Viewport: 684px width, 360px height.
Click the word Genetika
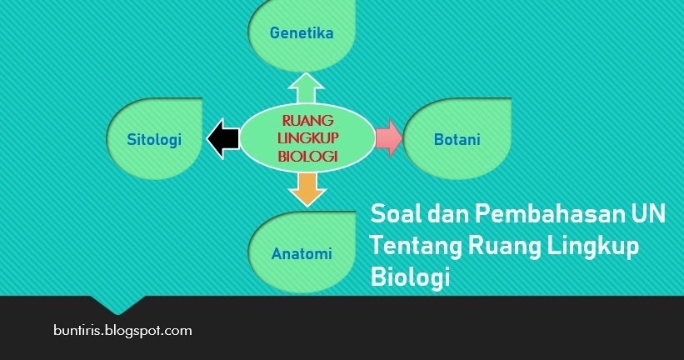pyautogui.click(x=302, y=32)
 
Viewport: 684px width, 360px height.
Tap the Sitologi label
pyautogui.click(x=154, y=140)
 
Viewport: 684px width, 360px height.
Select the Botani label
pyautogui.click(x=457, y=139)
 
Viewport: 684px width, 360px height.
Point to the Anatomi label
pyautogui.click(x=302, y=253)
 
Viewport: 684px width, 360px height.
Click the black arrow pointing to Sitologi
pyautogui.click(x=223, y=138)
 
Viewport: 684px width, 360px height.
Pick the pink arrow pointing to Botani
pyautogui.click(x=389, y=137)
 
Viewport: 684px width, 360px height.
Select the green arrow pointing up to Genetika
pyautogui.click(x=306, y=88)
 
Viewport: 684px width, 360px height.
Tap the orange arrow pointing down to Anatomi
pyautogui.click(x=307, y=190)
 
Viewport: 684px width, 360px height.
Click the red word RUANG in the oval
pyautogui.click(x=307, y=120)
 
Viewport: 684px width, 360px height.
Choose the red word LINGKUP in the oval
pyautogui.click(x=308, y=137)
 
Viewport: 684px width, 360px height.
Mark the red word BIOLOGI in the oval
pyautogui.click(x=308, y=156)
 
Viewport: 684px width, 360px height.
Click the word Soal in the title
pyautogui.click(x=396, y=214)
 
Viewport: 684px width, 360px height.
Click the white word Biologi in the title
pyautogui.click(x=410, y=277)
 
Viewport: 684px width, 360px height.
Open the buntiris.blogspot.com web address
pyautogui.click(x=122, y=330)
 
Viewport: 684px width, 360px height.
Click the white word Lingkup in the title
pyautogui.click(x=593, y=247)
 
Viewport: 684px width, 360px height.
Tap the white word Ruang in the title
pyautogui.click(x=504, y=247)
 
